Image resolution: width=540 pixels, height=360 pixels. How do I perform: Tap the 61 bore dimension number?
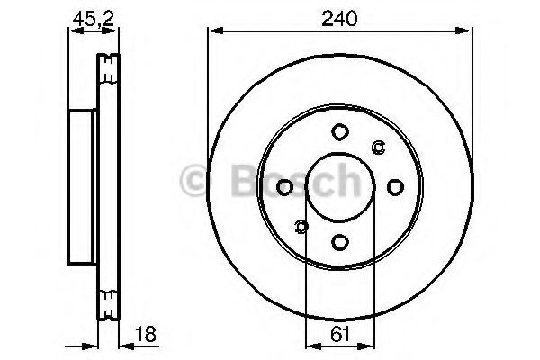(338, 334)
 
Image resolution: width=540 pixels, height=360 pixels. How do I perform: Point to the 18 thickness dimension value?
(144, 334)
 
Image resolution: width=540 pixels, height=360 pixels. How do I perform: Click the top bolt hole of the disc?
(339, 132)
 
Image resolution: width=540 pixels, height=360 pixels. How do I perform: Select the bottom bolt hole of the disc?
(339, 241)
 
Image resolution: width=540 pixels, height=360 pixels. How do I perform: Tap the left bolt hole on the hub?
(284, 187)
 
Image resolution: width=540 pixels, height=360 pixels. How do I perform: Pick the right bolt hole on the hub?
(394, 187)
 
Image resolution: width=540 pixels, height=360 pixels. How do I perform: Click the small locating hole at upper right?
(378, 148)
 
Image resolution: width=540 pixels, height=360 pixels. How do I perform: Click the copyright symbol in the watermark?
(195, 181)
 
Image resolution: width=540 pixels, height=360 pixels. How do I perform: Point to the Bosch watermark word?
(288, 181)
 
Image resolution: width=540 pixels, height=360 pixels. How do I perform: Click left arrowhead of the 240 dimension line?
(213, 31)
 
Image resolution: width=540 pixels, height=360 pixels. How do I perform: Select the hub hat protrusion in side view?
(81, 187)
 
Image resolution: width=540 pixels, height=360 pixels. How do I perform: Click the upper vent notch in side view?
(108, 64)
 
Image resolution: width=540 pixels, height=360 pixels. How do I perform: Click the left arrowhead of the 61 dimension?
(310, 345)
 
